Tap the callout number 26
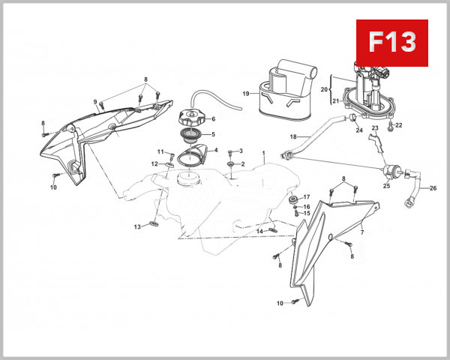point(433,188)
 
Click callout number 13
point(137,226)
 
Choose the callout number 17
point(306,197)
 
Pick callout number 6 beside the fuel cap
point(213,118)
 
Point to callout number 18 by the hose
point(294,136)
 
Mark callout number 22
point(399,125)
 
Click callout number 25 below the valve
point(387,185)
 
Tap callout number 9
point(95,102)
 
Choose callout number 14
point(259,231)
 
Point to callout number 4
point(216,149)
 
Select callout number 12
point(154,163)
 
